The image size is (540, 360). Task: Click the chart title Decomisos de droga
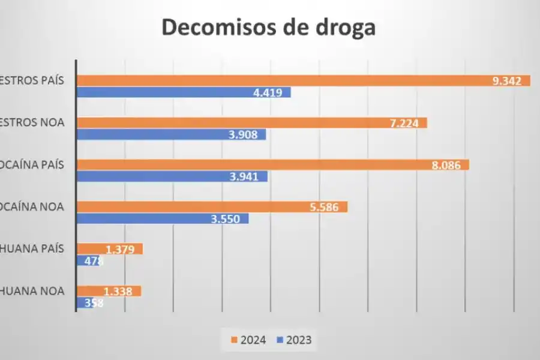coord(268,28)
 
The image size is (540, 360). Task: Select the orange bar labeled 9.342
coord(303,81)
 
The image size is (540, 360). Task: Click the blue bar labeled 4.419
coord(184,92)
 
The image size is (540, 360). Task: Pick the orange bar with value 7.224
coord(251,123)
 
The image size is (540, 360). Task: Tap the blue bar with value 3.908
coord(171,134)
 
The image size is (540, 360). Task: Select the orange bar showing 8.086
coord(272,164)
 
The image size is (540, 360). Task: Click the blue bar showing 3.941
coord(172,176)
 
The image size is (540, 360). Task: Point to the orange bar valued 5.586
coord(212,207)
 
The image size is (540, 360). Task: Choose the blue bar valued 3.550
coord(162,218)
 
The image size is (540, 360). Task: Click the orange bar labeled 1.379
coord(110,249)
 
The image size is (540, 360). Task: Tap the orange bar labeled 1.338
coord(109,291)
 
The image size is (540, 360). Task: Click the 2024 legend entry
coord(248,340)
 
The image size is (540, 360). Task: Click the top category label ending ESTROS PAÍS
coord(32,81)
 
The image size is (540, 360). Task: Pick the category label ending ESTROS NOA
coord(32,123)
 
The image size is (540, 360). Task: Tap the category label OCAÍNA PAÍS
coord(32,164)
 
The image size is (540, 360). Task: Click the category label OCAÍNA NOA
coord(32,207)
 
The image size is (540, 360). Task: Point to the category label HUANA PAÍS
coord(32,249)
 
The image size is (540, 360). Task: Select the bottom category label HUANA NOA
coord(32,291)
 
